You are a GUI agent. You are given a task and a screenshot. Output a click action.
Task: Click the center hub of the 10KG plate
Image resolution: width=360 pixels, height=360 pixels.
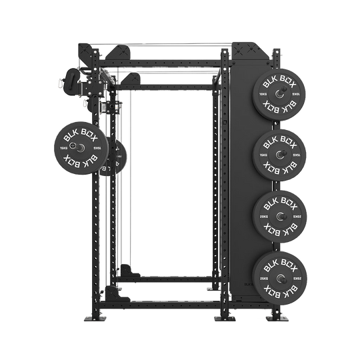[x=280, y=94]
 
